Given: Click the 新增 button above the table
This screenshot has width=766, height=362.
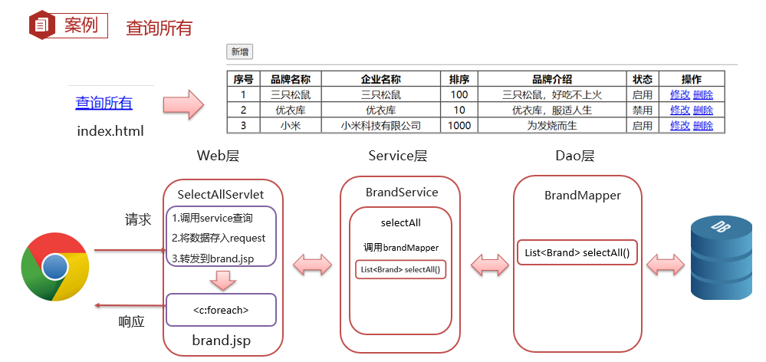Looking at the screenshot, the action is click(x=239, y=52).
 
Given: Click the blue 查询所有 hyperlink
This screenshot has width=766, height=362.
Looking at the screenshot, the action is click(x=104, y=103).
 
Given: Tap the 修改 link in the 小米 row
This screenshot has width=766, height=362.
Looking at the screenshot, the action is click(x=680, y=126).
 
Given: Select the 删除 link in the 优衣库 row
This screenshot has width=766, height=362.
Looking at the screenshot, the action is click(x=703, y=110).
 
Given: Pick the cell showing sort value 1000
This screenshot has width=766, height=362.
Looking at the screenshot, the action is click(x=459, y=126).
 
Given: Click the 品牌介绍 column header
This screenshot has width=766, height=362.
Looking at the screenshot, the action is click(x=552, y=79).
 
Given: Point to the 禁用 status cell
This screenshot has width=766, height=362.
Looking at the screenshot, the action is click(x=643, y=110).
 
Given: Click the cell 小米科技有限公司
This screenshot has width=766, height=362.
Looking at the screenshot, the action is click(x=381, y=126).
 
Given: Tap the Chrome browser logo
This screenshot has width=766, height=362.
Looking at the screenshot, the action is click(x=54, y=266).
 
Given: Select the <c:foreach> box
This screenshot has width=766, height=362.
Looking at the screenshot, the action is click(x=222, y=310).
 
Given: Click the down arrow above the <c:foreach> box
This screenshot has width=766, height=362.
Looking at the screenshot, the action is click(x=222, y=280).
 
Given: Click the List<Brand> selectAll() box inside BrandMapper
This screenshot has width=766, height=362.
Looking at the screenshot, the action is click(x=577, y=252).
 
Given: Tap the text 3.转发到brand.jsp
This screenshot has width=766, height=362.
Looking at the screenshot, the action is click(x=212, y=258).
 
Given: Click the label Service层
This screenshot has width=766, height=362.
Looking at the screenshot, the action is click(x=398, y=156).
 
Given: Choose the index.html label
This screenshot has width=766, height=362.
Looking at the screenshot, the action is click(x=110, y=131).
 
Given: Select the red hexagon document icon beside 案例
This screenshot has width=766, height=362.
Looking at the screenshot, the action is click(x=41, y=25).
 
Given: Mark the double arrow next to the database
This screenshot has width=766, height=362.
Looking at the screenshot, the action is click(x=666, y=265).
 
